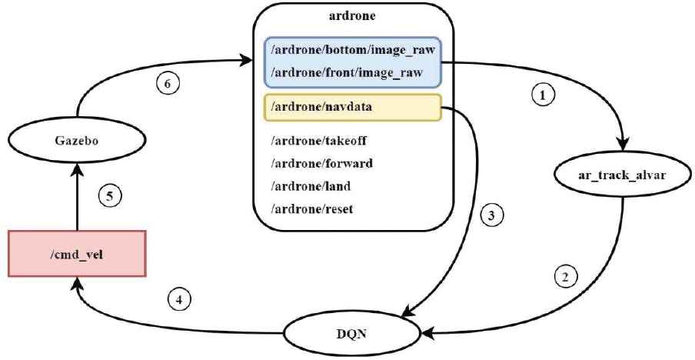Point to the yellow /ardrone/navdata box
click(x=352, y=107)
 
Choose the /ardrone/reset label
click(x=310, y=209)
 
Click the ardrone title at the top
click(x=353, y=15)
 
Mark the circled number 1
click(x=543, y=96)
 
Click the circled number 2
click(x=566, y=276)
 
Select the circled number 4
click(x=178, y=298)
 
